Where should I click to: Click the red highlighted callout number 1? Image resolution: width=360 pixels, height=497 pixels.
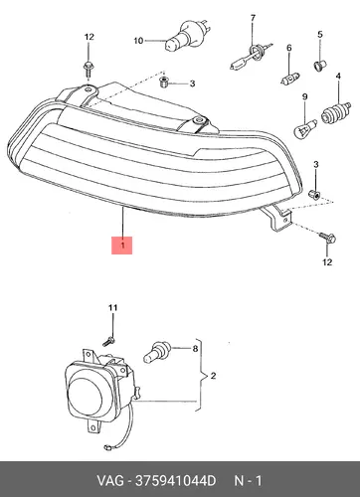121,246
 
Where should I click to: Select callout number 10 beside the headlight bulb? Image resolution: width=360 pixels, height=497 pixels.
138,41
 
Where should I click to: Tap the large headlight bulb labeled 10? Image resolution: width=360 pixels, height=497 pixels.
186,35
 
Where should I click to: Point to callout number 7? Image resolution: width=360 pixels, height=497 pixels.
253,18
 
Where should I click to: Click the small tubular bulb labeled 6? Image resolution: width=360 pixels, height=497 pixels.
290,80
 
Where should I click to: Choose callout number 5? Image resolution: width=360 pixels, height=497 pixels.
320,34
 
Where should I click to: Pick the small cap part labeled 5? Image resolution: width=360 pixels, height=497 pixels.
320,66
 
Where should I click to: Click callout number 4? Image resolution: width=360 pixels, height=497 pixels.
338,77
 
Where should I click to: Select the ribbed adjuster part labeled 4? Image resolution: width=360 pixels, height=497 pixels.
336,112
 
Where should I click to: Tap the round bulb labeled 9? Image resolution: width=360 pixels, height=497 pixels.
305,128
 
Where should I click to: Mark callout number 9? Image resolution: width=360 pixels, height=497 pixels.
304,96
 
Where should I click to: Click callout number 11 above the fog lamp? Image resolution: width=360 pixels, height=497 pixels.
113,308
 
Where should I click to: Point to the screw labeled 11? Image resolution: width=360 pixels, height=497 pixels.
108,341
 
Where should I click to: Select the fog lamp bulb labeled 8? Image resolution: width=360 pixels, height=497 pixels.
157,352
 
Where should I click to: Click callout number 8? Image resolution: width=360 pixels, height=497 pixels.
195,349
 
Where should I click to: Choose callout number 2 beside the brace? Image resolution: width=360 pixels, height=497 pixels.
213,376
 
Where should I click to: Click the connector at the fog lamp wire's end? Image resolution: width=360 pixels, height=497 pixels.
106,447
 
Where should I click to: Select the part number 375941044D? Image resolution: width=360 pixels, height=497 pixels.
175,480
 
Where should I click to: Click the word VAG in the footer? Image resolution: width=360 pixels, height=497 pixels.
110,480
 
